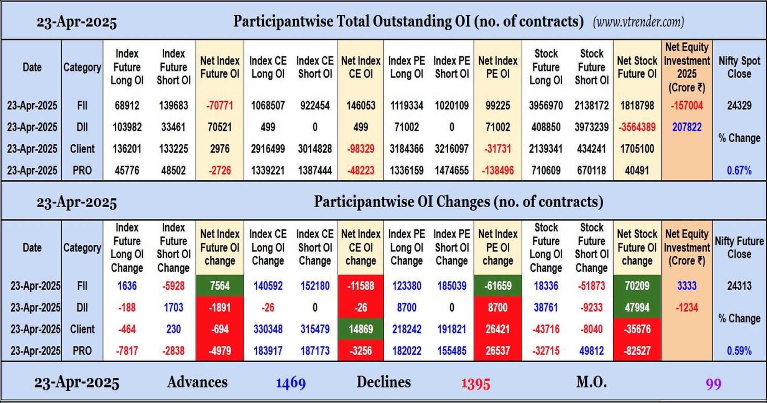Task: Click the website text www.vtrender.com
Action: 639,22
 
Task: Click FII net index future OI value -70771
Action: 220,106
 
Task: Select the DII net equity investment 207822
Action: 687,127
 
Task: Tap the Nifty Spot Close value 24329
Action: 739,106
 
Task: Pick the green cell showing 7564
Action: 220,286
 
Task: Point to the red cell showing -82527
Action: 637,351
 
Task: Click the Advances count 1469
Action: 291,383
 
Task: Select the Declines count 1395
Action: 476,384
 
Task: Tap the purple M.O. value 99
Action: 713,384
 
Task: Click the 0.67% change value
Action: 739,170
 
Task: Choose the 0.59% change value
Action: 739,351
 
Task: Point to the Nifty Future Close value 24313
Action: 739,286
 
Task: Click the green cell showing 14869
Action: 361,329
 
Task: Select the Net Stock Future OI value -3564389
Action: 637,127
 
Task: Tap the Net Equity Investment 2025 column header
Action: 687,67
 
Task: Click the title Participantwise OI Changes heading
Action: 458,202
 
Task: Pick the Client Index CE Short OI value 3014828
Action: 315,149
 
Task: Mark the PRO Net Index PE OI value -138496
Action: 498,170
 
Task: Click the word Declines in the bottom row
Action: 383,382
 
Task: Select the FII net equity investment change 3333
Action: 687,286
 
